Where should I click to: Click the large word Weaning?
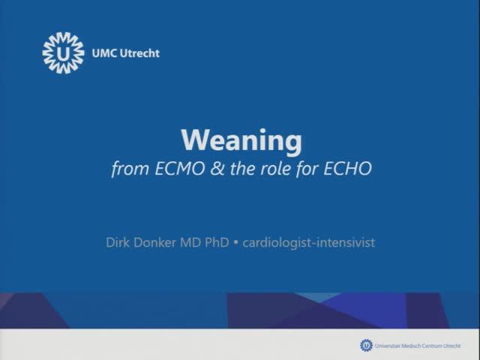241,140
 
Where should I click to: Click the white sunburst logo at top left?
64,53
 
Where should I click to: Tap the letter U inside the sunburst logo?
64,53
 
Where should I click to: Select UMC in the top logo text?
103,53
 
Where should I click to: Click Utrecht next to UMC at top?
139,53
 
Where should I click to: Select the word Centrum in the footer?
433,345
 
